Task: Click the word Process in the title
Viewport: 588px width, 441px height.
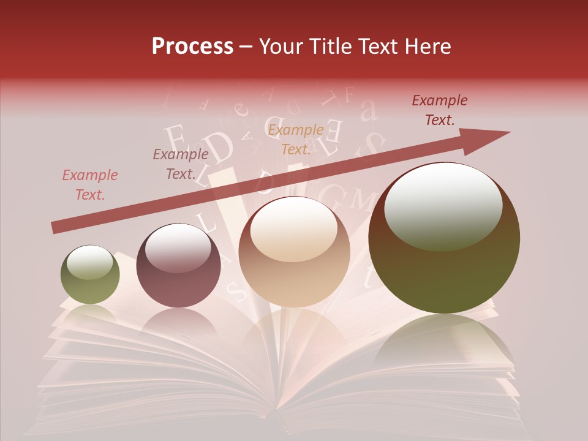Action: coord(192,47)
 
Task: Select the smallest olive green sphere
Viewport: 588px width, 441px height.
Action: coord(90,274)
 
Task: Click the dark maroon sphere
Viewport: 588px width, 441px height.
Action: coord(178,266)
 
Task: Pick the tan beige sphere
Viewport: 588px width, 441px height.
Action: coord(294,252)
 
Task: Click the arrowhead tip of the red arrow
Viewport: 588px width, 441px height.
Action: coord(508,132)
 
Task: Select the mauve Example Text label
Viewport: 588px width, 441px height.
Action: coord(181,164)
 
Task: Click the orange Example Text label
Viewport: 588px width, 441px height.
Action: coord(296,140)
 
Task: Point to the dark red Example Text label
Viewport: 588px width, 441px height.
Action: coord(440,110)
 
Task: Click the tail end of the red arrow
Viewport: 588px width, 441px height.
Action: coord(55,228)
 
